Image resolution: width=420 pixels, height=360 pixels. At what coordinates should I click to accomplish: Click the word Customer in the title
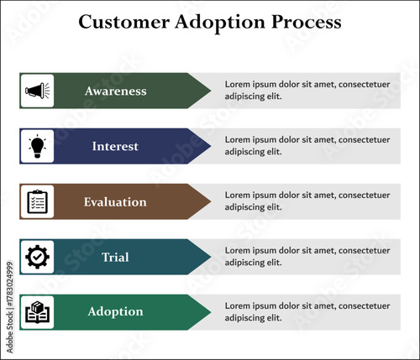[118, 23]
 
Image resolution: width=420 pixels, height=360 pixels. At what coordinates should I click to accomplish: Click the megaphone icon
[37, 91]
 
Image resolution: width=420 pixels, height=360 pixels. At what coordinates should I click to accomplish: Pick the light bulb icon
[37, 146]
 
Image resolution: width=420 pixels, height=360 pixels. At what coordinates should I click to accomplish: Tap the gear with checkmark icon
[37, 257]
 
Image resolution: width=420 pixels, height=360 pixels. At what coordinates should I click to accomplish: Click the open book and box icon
[37, 312]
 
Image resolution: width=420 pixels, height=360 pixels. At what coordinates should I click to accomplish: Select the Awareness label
[115, 91]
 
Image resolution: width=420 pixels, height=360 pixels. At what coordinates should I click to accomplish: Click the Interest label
[115, 146]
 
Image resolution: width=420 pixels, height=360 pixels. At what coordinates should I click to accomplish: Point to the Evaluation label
[115, 202]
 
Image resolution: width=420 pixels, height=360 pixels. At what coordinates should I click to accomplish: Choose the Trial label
[115, 257]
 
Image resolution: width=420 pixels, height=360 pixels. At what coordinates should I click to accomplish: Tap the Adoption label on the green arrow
[115, 312]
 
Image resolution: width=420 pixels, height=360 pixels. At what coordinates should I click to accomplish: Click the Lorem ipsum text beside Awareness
[307, 90]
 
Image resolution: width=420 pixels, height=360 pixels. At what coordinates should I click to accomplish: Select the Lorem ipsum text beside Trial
[307, 256]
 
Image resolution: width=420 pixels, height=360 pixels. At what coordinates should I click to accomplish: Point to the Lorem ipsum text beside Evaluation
[307, 201]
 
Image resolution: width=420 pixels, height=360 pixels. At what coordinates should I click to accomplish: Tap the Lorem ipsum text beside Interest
[307, 145]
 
